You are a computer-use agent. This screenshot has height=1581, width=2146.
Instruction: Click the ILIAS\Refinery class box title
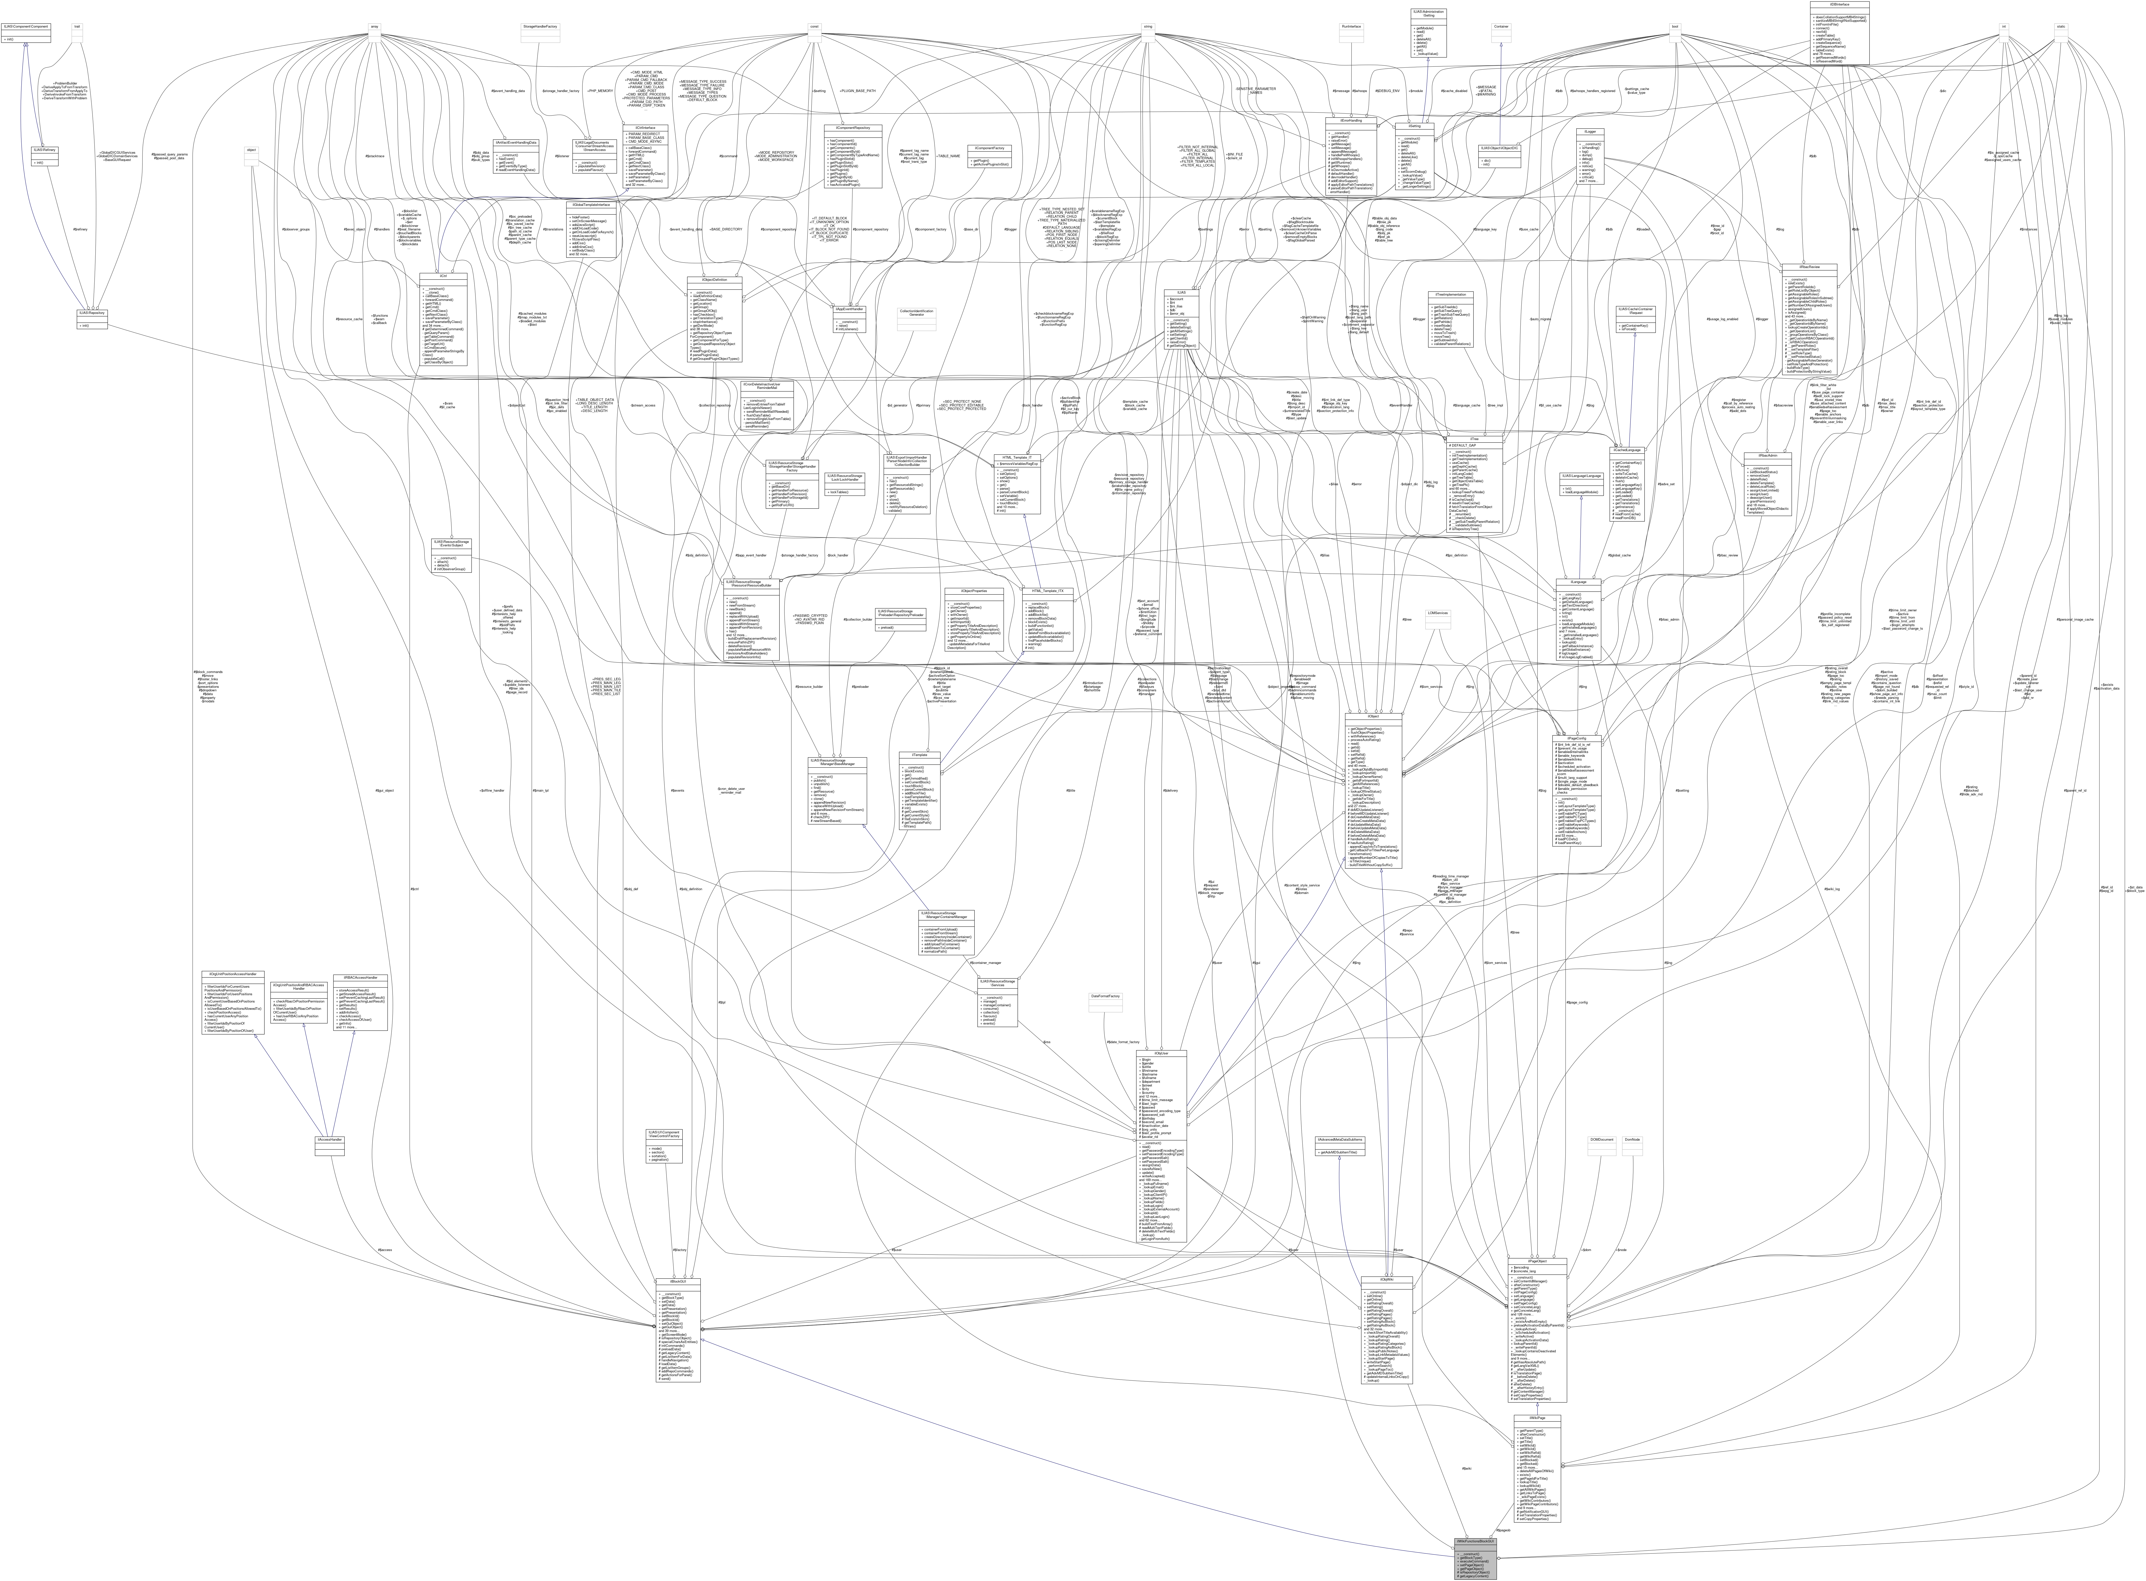[x=44, y=149]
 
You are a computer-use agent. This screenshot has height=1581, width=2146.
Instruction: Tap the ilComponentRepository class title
[x=852, y=127]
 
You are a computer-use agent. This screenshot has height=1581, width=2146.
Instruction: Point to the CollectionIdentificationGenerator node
[x=916, y=313]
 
